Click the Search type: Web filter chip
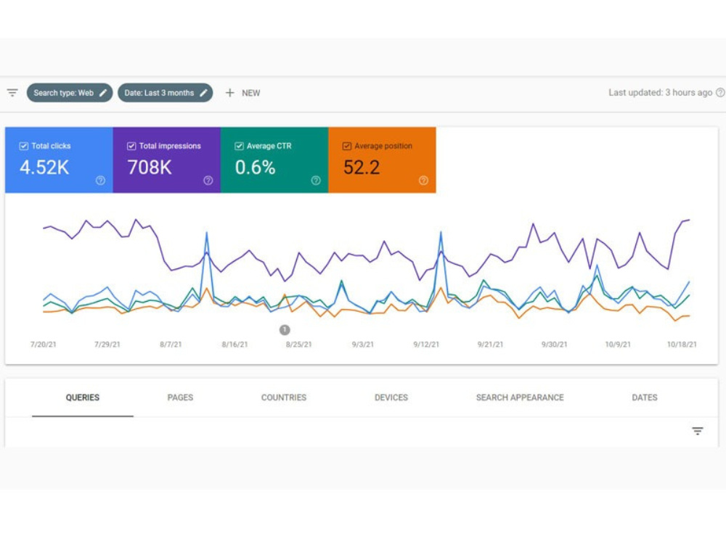point(70,93)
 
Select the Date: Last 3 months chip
point(166,93)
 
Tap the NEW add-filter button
point(242,93)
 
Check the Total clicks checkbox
point(24,147)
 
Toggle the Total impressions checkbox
point(131,147)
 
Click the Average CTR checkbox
point(239,147)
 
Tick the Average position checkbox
point(347,147)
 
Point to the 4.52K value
point(44,168)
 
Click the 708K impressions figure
point(150,168)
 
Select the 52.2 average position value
point(362,168)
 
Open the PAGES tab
point(180,397)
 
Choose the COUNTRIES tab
point(284,397)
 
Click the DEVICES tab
point(391,397)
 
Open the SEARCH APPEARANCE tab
point(520,397)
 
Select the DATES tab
point(645,397)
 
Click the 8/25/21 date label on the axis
point(298,345)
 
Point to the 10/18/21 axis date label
point(682,345)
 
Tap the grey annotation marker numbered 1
point(285,330)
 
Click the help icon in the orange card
point(423,181)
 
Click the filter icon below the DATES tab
point(697,431)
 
